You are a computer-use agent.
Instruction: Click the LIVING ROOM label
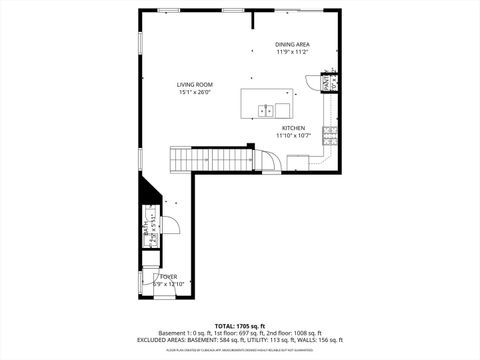[196, 85]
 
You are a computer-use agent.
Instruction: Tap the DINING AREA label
[293, 44]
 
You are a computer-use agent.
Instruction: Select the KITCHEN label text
[293, 128]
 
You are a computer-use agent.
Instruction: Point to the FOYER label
[167, 276]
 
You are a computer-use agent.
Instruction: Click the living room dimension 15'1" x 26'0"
[196, 93]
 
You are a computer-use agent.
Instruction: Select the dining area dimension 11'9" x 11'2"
[293, 52]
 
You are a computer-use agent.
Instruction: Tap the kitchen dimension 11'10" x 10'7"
[294, 136]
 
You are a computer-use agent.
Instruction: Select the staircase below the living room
[209, 159]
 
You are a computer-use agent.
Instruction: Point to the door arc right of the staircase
[271, 160]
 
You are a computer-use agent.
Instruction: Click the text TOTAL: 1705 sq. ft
[239, 326]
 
